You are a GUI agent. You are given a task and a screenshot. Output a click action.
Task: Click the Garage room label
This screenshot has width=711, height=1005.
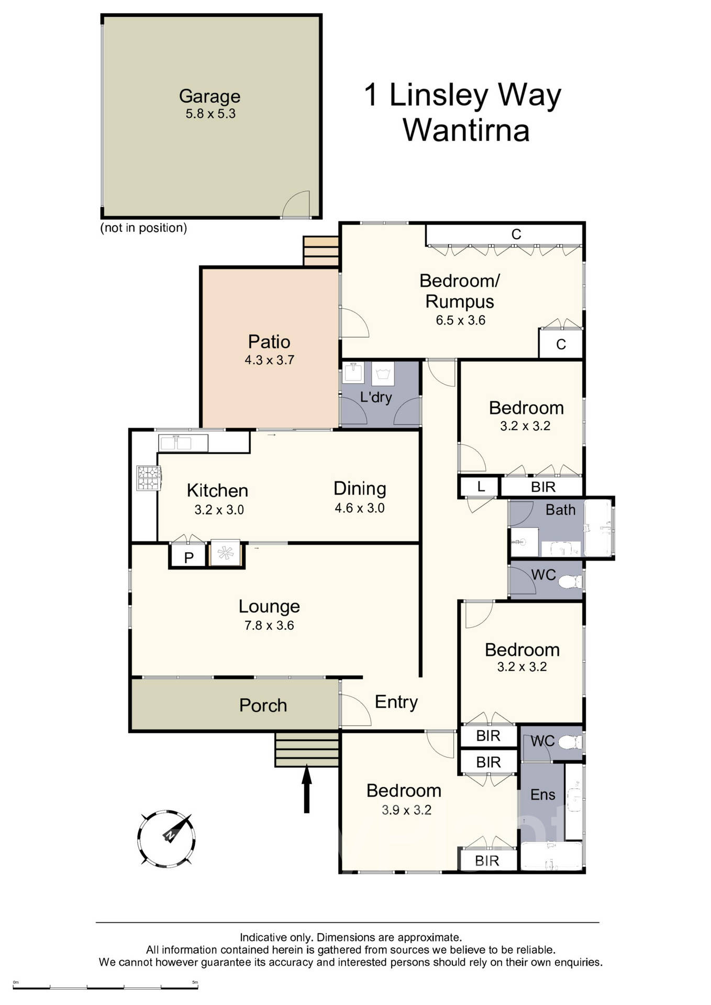209,96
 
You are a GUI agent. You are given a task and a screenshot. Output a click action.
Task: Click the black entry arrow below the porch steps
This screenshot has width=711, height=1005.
307,789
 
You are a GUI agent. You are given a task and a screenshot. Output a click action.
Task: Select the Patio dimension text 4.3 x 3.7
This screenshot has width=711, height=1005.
269,360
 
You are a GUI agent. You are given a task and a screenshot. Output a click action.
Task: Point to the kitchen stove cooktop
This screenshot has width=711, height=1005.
148,478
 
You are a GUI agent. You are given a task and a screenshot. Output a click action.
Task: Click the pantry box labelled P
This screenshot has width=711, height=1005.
189,557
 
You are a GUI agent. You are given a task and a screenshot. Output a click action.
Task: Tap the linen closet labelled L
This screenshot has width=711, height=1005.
481,487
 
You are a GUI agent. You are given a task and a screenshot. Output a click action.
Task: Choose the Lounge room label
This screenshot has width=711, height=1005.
269,606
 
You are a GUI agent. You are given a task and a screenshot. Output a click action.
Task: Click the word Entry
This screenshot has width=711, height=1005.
396,702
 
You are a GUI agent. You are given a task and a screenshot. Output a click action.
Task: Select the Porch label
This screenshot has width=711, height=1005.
263,706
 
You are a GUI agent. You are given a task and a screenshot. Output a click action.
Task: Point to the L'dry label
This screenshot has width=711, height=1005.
376,397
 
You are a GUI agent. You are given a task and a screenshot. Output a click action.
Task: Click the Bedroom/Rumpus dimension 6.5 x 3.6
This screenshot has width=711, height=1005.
461,320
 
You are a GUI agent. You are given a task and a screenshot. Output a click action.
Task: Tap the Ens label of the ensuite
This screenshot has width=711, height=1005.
542,795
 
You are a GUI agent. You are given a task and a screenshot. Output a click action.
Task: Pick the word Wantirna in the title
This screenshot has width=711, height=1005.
466,130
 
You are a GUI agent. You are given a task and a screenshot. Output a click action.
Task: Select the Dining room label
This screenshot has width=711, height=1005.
360,488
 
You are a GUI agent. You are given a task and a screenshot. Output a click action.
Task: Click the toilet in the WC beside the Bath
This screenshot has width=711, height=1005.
570,581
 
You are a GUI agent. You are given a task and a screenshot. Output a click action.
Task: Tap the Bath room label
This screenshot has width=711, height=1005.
560,509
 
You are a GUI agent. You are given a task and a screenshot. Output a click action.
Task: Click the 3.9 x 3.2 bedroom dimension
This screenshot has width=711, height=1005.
406,810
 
